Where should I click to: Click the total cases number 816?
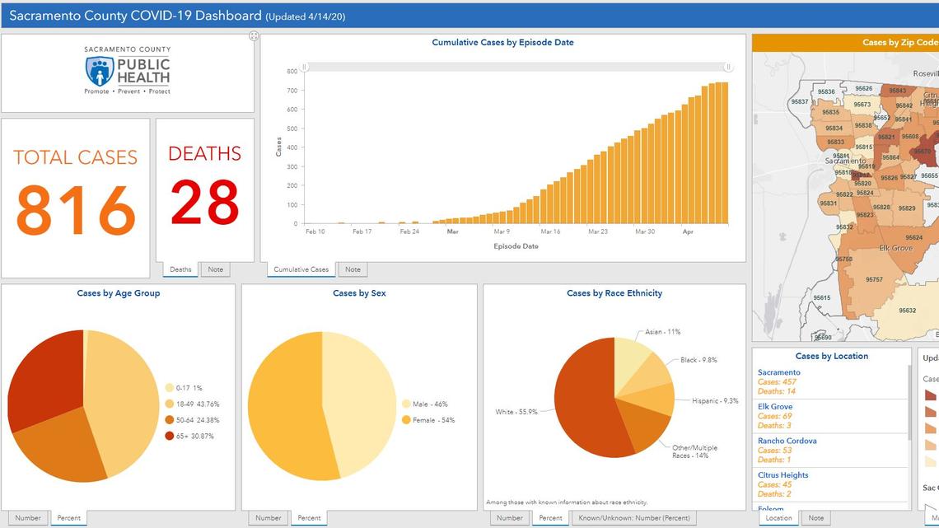pyautogui.click(x=75, y=210)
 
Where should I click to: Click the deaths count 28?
pyautogui.click(x=205, y=202)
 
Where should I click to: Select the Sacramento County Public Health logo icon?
pyautogui.click(x=100, y=72)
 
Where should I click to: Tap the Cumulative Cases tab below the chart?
pyautogui.click(x=301, y=269)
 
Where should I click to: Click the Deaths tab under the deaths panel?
pyautogui.click(x=180, y=269)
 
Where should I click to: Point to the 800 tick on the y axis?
pyautogui.click(x=292, y=71)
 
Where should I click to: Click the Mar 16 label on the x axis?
pyautogui.click(x=549, y=232)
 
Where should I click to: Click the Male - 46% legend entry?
pyautogui.click(x=427, y=404)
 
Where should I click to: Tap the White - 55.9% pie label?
pyautogui.click(x=516, y=412)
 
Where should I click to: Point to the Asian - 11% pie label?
pyautogui.click(x=662, y=332)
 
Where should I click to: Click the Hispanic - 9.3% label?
pyautogui.click(x=714, y=401)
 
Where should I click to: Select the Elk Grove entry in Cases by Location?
pyautogui.click(x=775, y=407)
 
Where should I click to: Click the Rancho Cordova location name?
pyautogui.click(x=787, y=441)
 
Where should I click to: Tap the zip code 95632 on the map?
pyautogui.click(x=907, y=311)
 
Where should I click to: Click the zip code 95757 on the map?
pyautogui.click(x=874, y=280)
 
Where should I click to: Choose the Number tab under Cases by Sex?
pyautogui.click(x=268, y=518)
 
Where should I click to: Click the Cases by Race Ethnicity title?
pyautogui.click(x=614, y=293)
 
